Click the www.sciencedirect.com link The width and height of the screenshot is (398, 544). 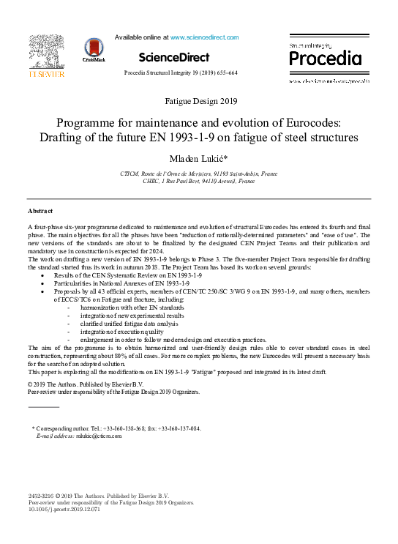204,37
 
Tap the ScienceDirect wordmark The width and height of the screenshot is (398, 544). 173,57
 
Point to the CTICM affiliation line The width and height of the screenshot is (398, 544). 198,173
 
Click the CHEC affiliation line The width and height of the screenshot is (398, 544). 198,180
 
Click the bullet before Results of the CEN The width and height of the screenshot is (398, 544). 44,275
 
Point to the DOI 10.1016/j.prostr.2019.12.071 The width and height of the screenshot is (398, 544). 64,510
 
